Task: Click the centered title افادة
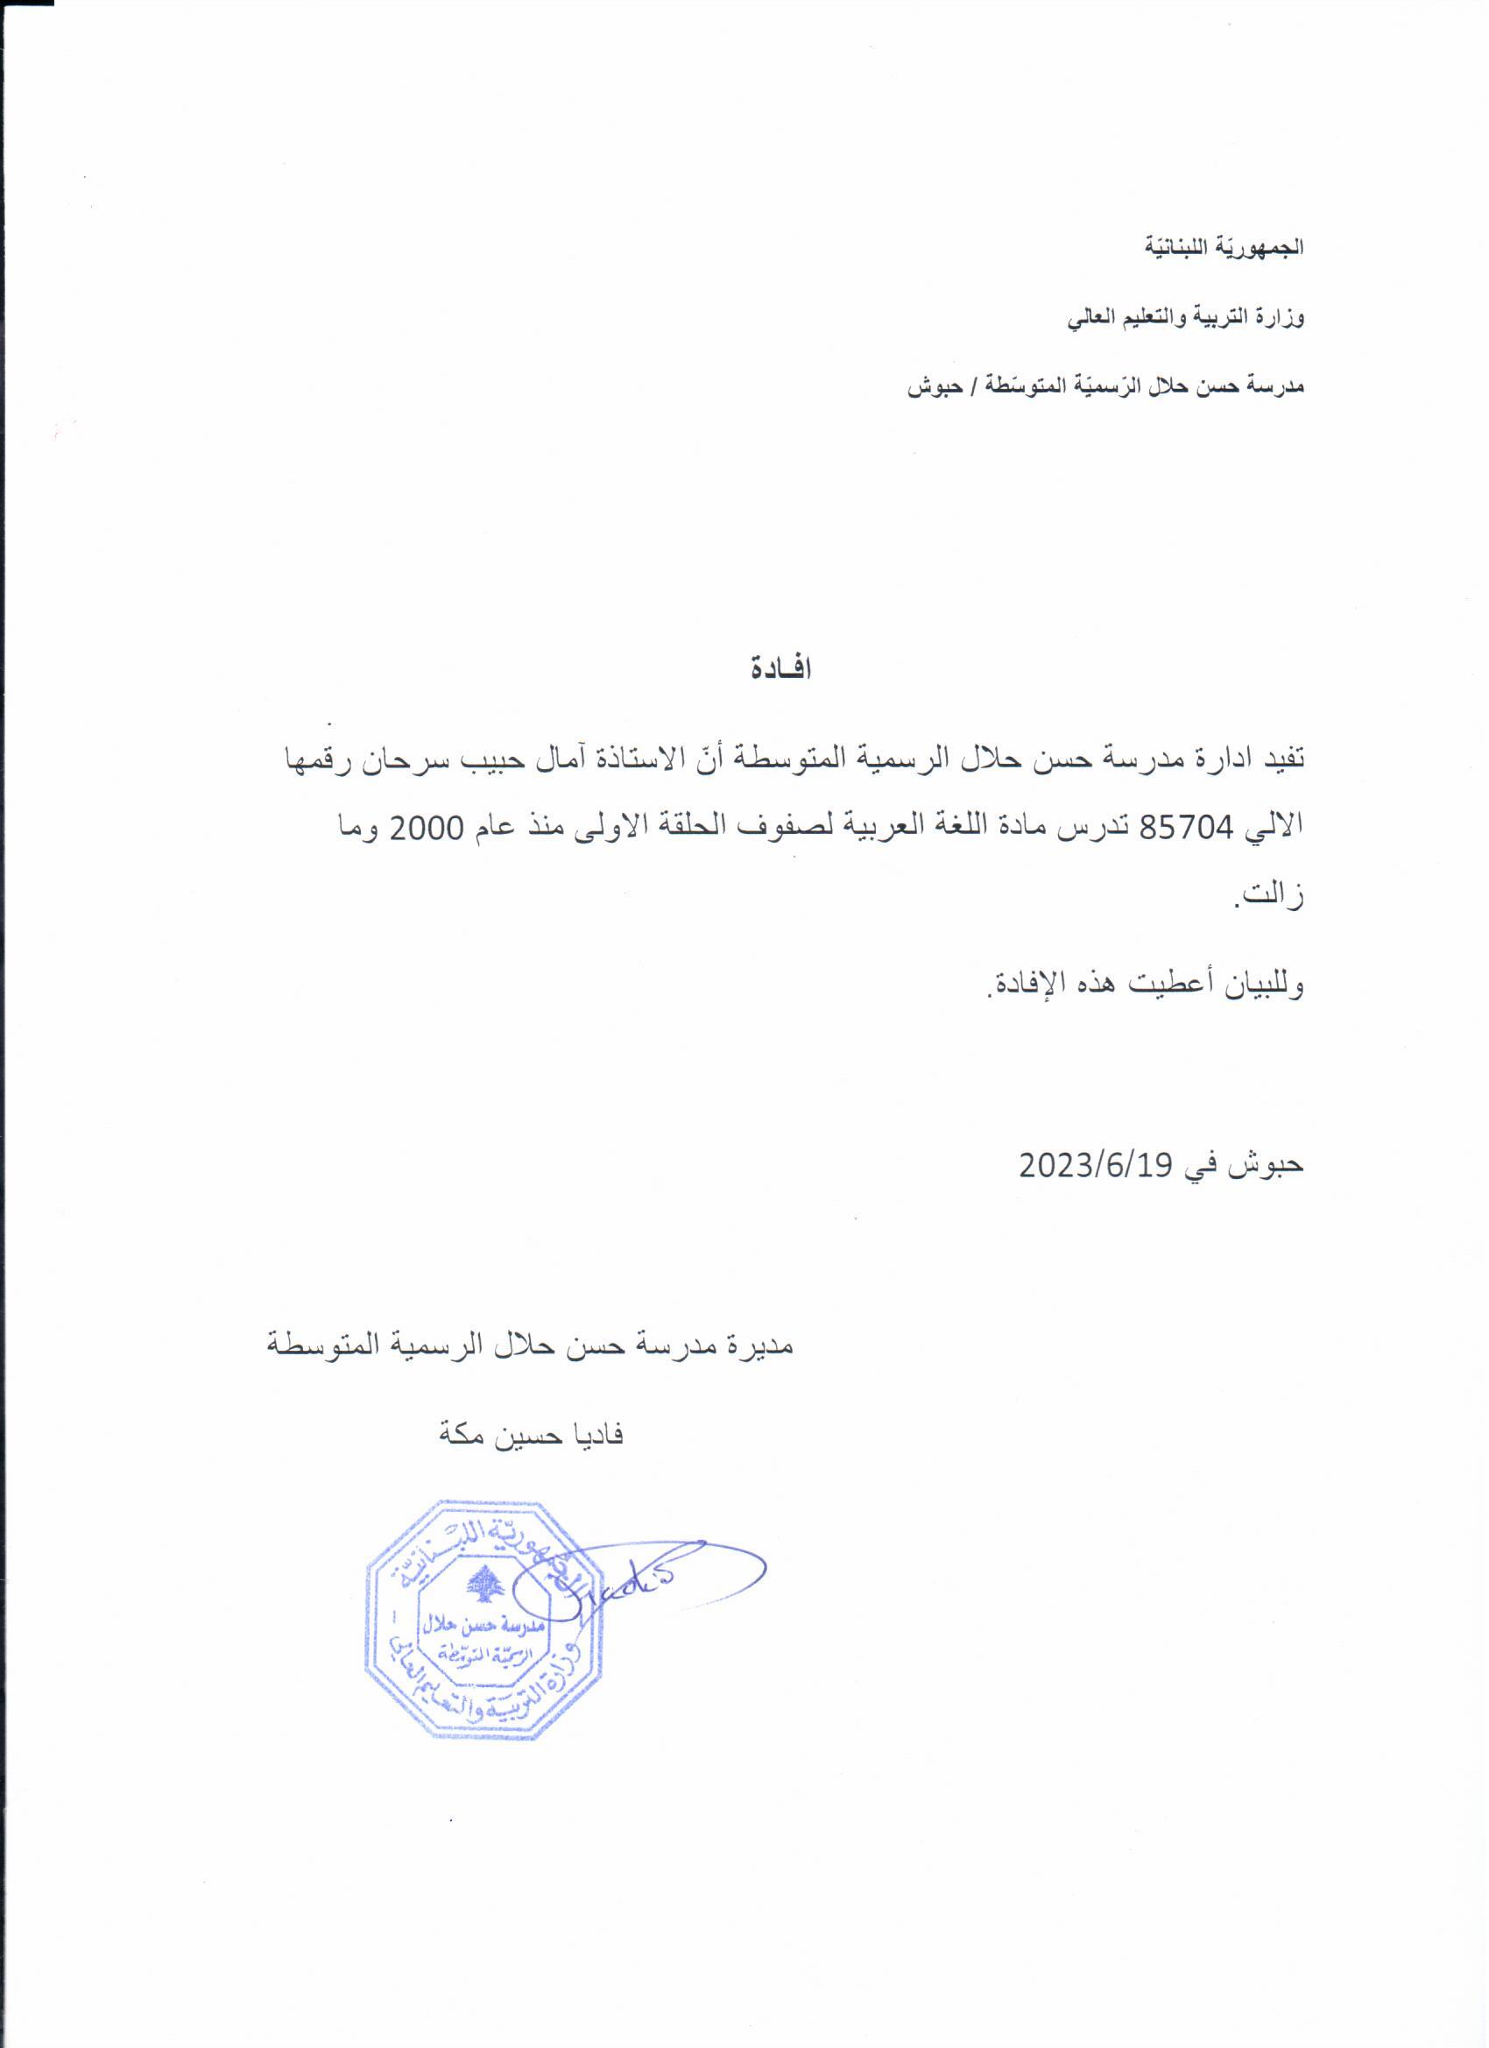click(781, 670)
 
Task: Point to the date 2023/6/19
click(1096, 1165)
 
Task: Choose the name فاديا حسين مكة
click(531, 1435)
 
